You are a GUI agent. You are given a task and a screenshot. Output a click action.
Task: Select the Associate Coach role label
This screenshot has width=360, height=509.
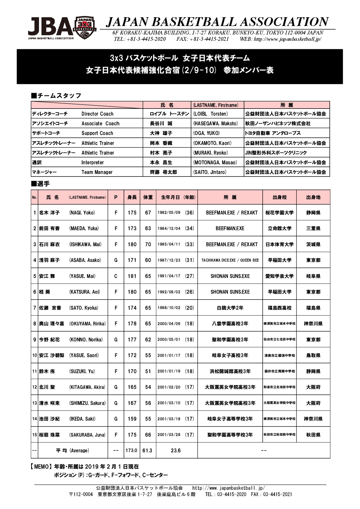point(100,124)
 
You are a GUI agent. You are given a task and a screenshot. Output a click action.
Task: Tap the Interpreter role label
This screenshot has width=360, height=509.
point(92,163)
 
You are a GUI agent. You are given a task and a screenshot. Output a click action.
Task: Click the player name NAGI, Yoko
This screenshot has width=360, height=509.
point(82,213)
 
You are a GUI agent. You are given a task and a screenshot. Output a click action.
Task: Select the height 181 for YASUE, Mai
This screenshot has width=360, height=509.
point(132,276)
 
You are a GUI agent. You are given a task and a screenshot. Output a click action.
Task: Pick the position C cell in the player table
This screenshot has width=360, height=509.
point(116,276)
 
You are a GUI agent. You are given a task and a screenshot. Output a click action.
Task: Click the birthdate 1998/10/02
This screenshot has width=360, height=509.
point(169,308)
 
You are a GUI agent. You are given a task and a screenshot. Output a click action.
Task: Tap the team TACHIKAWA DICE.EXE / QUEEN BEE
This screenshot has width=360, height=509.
point(230,260)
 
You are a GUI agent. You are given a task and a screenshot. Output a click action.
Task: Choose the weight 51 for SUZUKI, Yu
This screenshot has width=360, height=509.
point(148,371)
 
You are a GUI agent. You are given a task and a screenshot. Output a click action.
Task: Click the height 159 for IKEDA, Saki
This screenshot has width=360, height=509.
point(132,419)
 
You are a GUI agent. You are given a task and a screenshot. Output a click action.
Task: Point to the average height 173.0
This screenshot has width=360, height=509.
point(131,451)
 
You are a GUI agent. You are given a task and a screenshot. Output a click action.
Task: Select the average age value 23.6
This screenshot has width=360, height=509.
point(176,451)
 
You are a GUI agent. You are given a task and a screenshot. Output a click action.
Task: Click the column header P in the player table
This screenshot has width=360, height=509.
point(116,197)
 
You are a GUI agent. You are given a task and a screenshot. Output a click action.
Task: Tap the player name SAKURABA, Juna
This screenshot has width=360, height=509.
point(87,435)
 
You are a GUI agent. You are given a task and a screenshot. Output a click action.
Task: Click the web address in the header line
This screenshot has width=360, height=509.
point(280,39)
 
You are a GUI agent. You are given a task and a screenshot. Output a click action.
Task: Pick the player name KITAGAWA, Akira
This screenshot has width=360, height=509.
point(87,387)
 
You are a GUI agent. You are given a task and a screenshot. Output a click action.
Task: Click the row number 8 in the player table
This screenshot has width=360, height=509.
point(35,324)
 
